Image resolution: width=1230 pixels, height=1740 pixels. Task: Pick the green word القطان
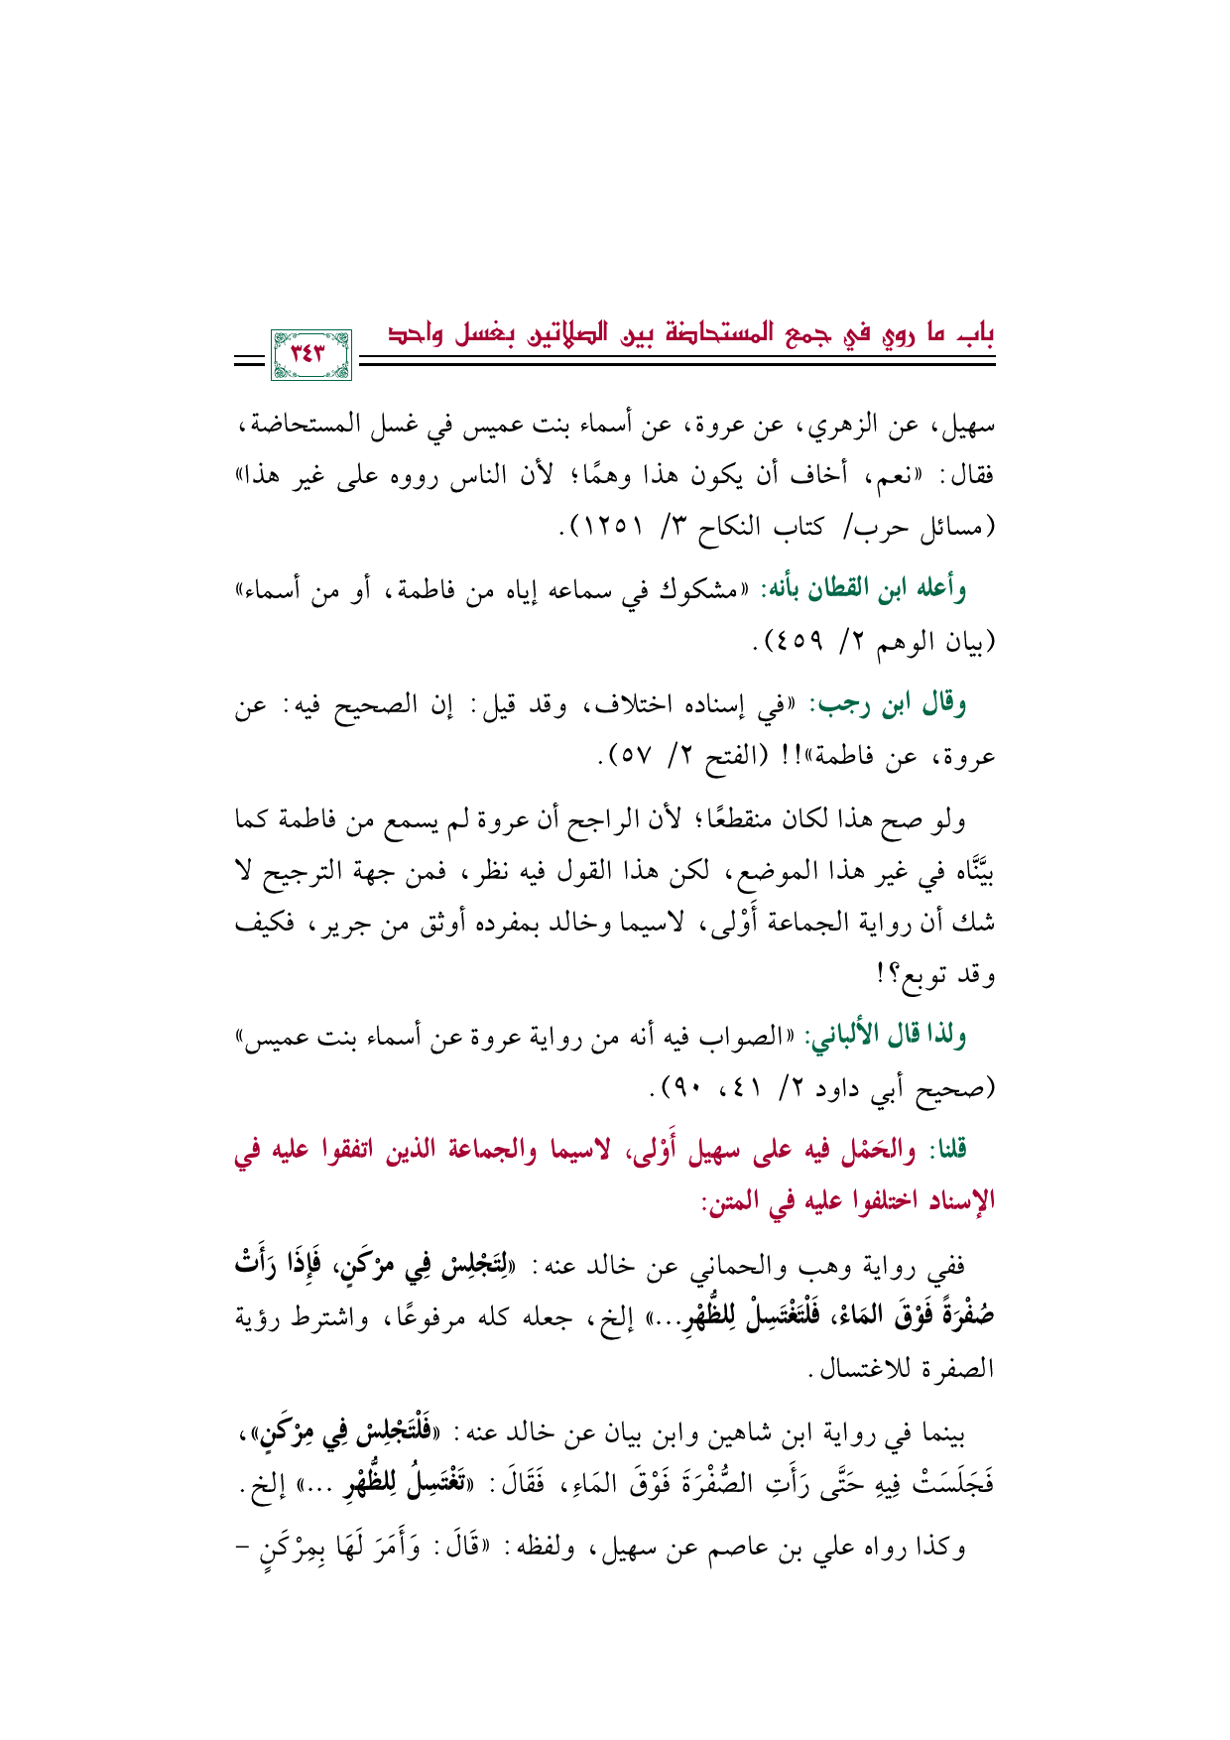tap(818, 591)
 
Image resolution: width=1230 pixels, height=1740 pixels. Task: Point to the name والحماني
tap(739, 1267)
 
